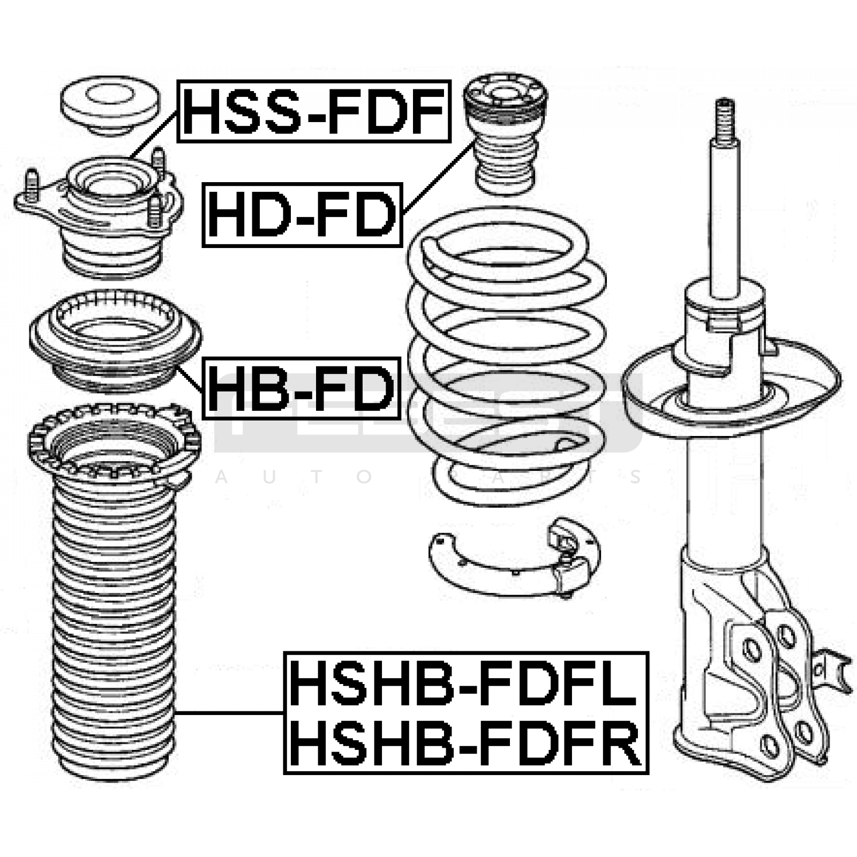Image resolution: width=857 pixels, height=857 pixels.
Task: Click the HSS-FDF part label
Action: coord(314,111)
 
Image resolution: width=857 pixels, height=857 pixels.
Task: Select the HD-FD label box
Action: coord(302,215)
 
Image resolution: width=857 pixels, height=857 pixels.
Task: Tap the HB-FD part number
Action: coord(302,388)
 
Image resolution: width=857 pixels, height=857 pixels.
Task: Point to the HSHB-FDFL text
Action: coord(465,683)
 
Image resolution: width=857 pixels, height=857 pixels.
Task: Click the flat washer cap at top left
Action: coord(110,104)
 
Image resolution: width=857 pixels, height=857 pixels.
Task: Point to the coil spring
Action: coord(506,354)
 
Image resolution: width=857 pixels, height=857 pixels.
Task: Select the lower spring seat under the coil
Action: coord(514,560)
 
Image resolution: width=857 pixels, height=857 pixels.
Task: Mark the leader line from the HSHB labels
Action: coord(230,713)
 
